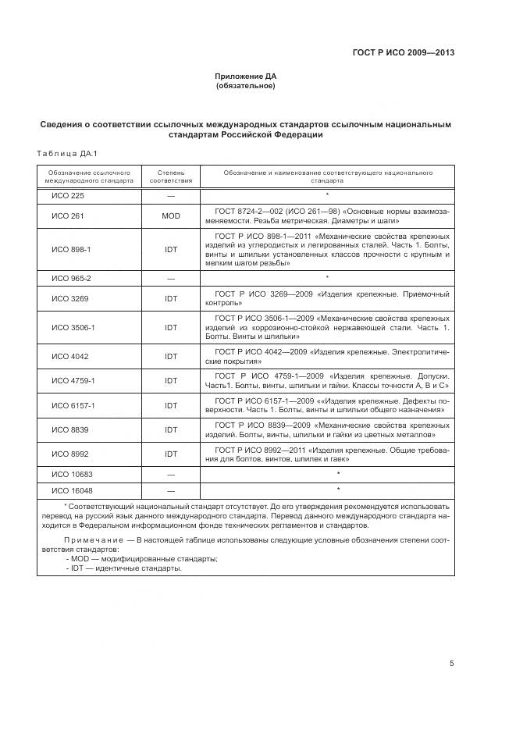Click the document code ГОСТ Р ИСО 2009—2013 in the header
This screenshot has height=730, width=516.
coord(403,53)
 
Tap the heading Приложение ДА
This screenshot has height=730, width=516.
coord(245,77)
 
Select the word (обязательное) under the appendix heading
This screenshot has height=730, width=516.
coord(245,85)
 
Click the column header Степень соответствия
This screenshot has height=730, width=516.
coord(171,176)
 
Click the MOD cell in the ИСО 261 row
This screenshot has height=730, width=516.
coord(171,215)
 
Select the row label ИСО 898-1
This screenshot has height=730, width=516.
coord(71,249)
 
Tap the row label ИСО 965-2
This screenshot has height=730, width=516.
coord(71,278)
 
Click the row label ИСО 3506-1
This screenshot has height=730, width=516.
coord(73,327)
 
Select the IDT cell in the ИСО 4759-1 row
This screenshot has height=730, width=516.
coord(171,380)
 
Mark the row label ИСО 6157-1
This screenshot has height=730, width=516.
coord(73,405)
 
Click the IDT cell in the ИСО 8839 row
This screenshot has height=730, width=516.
coord(171,429)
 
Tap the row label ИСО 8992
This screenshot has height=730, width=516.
coord(69,454)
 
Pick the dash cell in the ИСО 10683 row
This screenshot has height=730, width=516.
coord(171,474)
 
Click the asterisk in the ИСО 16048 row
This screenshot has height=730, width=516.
coord(338,490)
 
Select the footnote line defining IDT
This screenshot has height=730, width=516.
coord(124,568)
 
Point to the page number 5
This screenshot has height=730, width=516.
coord(451,663)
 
